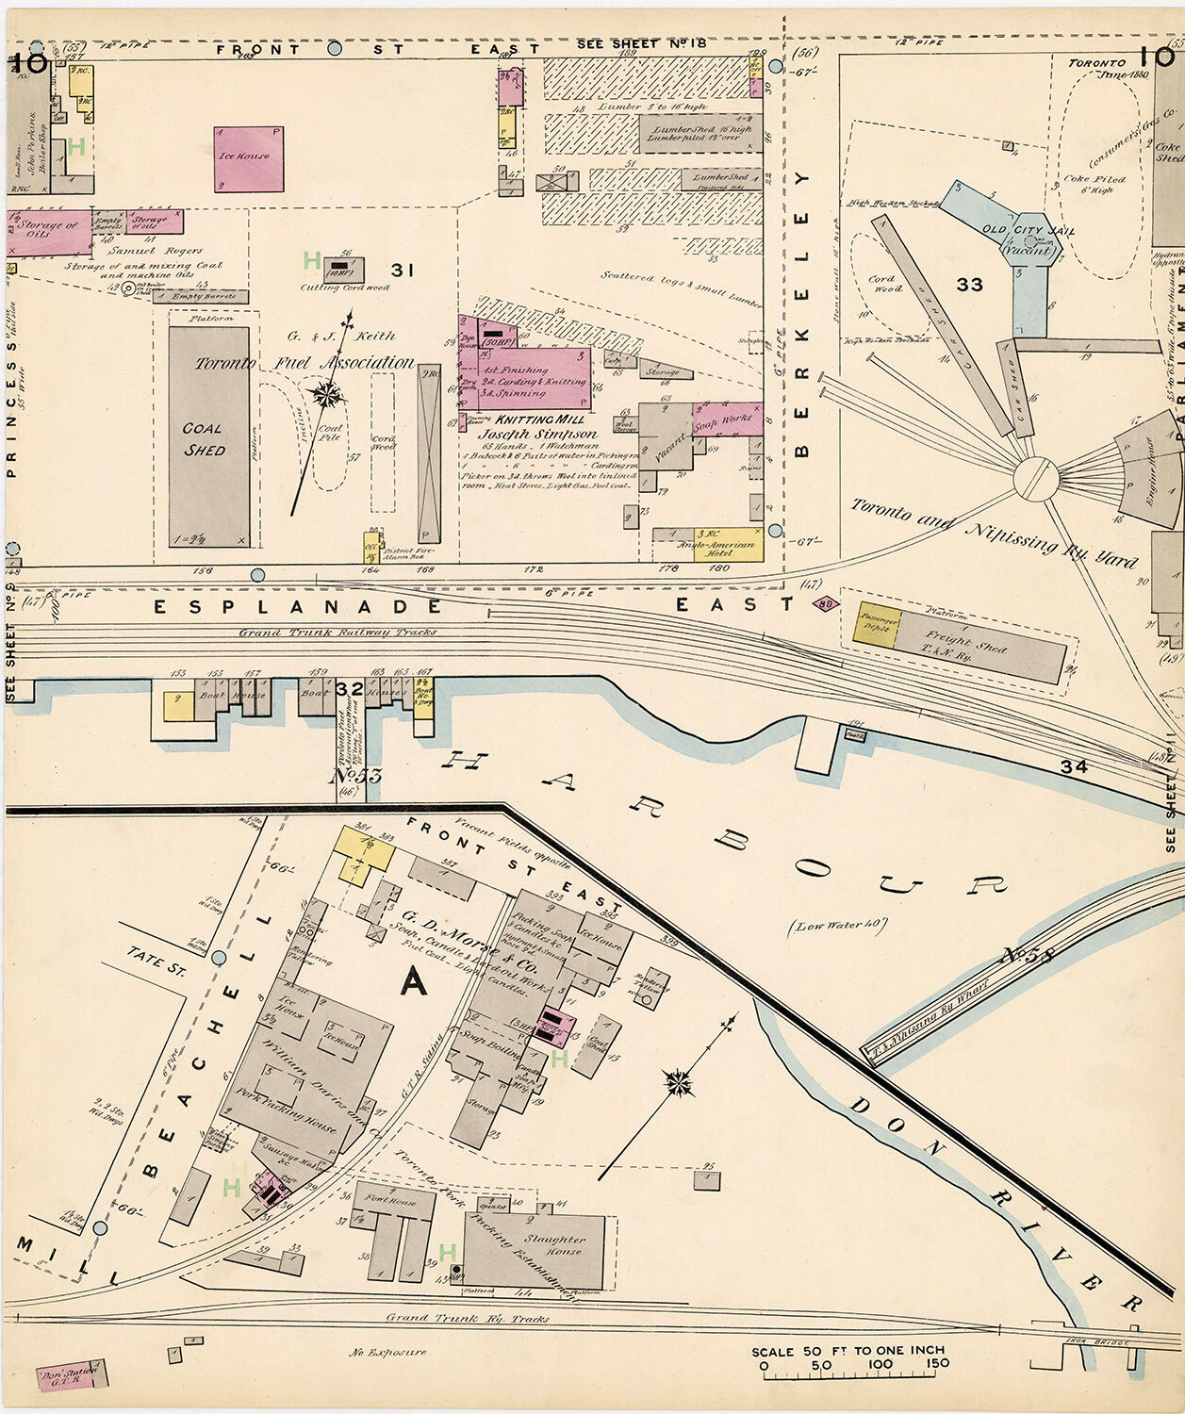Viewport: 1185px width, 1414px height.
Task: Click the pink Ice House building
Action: pyautogui.click(x=248, y=158)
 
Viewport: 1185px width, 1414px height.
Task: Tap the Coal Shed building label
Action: pyautogui.click(x=204, y=439)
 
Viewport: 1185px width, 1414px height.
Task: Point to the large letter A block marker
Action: pyautogui.click(x=413, y=982)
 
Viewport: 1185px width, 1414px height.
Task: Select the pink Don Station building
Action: pyautogui.click(x=72, y=1375)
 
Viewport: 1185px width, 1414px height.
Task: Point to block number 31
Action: pyautogui.click(x=404, y=271)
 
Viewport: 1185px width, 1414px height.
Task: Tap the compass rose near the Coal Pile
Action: pyautogui.click(x=329, y=394)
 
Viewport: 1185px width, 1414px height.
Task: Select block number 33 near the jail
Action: pyautogui.click(x=969, y=285)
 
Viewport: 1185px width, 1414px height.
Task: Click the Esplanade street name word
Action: pyautogui.click(x=298, y=607)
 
